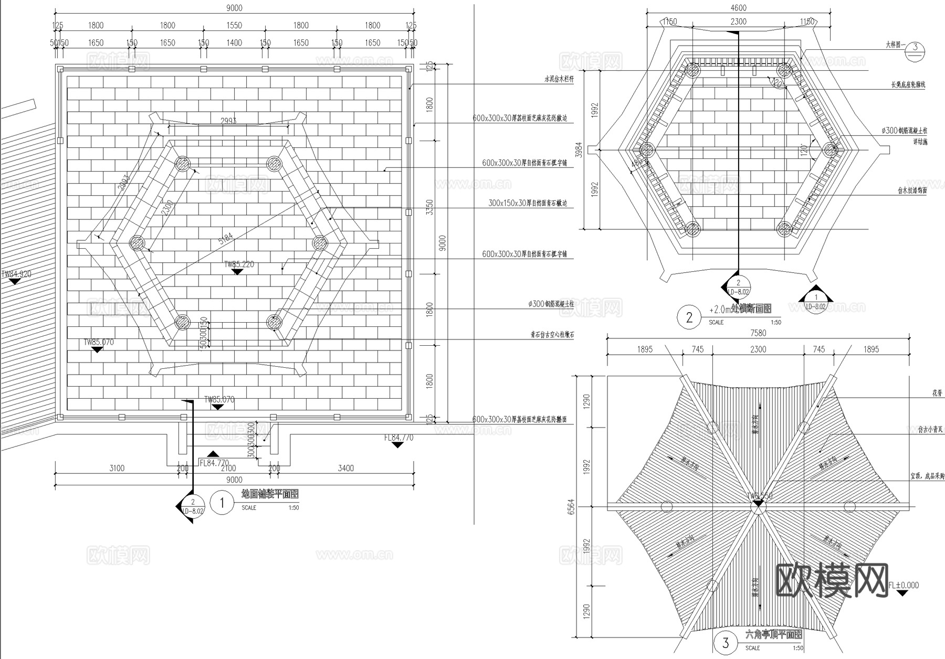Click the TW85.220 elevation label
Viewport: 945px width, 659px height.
pyautogui.click(x=239, y=264)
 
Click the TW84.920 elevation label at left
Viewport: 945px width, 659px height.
pyautogui.click(x=16, y=274)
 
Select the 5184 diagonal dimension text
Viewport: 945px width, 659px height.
pyautogui.click(x=225, y=239)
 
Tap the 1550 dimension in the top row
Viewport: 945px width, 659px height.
pyautogui.click(x=234, y=25)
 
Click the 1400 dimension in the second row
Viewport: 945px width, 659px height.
pyautogui.click(x=234, y=43)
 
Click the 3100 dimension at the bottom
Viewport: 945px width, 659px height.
pyautogui.click(x=117, y=468)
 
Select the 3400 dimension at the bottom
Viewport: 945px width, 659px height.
pyautogui.click(x=345, y=468)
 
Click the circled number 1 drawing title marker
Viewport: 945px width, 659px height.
pyautogui.click(x=222, y=503)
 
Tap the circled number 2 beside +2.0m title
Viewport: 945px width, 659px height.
pyautogui.click(x=689, y=317)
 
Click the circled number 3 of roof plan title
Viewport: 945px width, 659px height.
pyautogui.click(x=726, y=643)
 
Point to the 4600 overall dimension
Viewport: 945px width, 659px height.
pyautogui.click(x=738, y=8)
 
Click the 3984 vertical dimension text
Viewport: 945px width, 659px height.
pyautogui.click(x=579, y=151)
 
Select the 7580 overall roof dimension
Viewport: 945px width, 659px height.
pyautogui.click(x=758, y=333)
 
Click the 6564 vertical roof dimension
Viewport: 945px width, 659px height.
pyautogui.click(x=571, y=506)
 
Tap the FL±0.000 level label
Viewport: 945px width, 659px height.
pyautogui.click(x=903, y=585)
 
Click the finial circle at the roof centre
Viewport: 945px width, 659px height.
pyautogui.click(x=758, y=506)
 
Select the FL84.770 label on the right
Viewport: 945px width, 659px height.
pyautogui.click(x=398, y=438)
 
